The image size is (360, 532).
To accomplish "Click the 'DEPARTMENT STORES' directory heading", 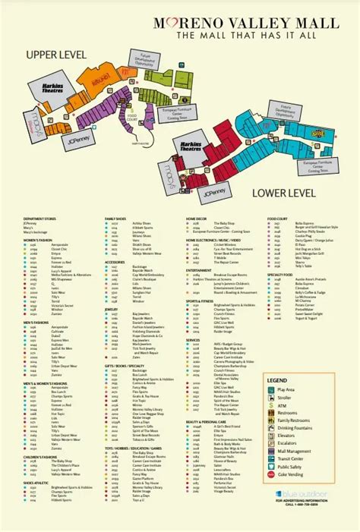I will click(x=39, y=217).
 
